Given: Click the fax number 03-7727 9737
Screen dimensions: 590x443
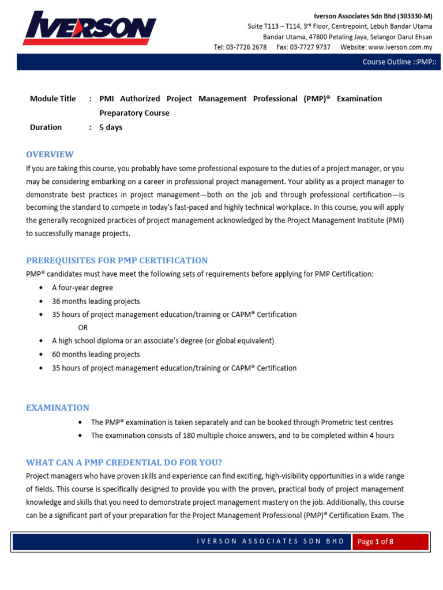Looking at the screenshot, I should tap(311, 47).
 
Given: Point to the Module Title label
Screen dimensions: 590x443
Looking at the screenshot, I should tap(52, 99).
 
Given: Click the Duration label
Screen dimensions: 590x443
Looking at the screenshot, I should tap(46, 127).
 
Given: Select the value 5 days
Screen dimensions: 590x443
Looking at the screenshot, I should tap(111, 127).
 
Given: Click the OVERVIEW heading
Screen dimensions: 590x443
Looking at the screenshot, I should tap(50, 154).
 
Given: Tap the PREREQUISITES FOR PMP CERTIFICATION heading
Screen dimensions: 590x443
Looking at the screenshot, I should tap(117, 260).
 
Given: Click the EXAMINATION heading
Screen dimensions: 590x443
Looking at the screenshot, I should tap(58, 408).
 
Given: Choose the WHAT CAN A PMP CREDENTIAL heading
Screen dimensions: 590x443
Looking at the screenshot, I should tap(124, 463).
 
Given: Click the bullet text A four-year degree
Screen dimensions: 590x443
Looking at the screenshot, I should tap(82, 288).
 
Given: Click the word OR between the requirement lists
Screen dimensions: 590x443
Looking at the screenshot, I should tap(83, 328).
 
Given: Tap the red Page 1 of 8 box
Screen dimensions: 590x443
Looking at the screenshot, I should tap(391, 542).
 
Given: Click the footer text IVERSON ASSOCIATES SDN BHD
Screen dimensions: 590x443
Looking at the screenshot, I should tap(271, 541).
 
